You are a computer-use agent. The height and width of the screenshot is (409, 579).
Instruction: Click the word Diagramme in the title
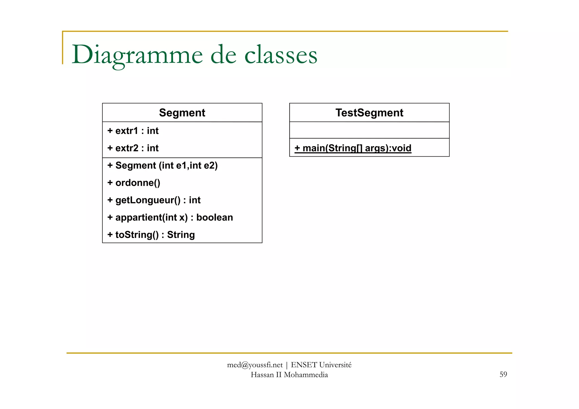point(137,55)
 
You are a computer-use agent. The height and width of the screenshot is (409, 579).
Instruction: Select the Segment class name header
point(182,113)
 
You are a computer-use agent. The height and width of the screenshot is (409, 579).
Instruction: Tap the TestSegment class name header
point(369,113)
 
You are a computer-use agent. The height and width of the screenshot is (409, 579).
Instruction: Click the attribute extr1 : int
point(133,131)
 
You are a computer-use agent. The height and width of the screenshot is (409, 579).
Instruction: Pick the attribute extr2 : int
point(133,148)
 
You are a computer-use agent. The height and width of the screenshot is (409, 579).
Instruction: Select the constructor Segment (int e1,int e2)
point(163,165)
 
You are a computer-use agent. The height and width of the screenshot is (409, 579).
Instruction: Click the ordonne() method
point(134,183)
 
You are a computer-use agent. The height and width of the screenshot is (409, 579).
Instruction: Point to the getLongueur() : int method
point(154,200)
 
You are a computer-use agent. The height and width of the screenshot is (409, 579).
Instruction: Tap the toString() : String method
point(151,235)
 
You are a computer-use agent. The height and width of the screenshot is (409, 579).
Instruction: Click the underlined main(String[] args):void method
point(353,148)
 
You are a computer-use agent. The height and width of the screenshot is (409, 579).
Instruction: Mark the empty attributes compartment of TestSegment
point(369,130)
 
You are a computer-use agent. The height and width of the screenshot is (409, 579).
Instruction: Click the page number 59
point(503,375)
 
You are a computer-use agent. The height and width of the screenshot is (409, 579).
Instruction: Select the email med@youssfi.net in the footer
point(255,365)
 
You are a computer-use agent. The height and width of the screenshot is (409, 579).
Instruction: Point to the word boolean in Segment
point(215,217)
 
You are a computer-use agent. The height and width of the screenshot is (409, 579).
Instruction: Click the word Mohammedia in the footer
point(306,375)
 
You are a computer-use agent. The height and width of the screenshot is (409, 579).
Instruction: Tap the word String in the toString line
point(181,235)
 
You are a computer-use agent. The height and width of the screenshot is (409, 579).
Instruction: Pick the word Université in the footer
point(335,365)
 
